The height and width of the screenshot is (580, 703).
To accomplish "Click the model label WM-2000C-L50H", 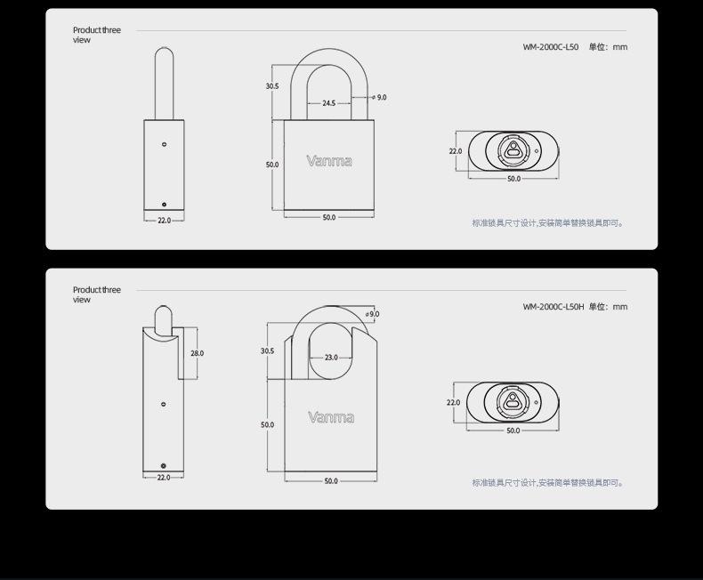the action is pos(554,307).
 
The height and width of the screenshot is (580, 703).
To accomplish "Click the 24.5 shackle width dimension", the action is pos(328,103).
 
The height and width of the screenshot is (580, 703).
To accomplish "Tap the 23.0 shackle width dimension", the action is pos(331,358).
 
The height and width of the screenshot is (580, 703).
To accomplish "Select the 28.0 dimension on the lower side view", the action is pos(197,353).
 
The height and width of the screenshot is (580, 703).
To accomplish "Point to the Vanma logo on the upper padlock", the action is pos(329,161).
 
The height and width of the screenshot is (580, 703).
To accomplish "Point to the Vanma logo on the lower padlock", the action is pos(331,417).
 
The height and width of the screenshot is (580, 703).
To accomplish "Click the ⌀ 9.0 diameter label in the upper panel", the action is pos(379,97).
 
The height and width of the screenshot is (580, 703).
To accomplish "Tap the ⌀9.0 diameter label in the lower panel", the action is pos(372,314).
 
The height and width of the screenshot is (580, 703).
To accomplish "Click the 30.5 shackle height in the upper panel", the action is pos(272,86).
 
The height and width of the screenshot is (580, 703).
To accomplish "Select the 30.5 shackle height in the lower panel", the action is pos(267,351).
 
